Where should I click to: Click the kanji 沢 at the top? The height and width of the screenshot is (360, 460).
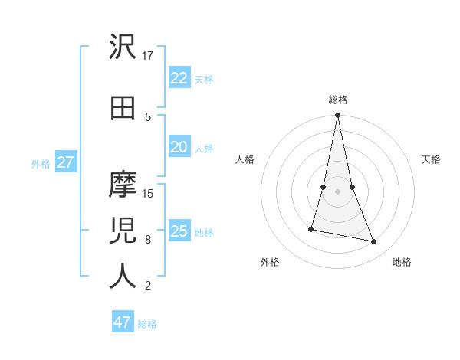[123, 47]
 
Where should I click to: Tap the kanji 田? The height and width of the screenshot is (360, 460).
[123, 108]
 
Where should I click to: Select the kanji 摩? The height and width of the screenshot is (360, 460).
[123, 185]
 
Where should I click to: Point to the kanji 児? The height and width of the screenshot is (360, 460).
[123, 231]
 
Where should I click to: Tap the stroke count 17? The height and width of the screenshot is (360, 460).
[148, 55]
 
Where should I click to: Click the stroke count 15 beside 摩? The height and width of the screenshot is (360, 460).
[148, 193]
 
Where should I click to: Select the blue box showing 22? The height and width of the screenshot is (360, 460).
[179, 77]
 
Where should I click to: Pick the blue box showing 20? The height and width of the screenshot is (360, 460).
[179, 147]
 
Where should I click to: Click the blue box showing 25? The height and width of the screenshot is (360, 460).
[179, 231]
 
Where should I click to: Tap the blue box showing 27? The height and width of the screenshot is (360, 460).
[65, 162]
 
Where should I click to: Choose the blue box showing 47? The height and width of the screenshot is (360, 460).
[123, 322]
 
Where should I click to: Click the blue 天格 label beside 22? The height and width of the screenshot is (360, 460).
[204, 79]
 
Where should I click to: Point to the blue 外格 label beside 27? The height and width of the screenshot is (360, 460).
[41, 163]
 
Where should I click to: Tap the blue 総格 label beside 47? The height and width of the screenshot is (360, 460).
[147, 324]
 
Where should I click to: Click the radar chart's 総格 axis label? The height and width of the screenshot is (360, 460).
[337, 100]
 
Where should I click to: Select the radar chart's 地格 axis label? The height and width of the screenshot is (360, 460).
[402, 262]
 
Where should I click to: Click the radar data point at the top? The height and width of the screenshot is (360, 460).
[337, 116]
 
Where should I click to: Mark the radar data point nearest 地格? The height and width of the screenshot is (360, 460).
[374, 242]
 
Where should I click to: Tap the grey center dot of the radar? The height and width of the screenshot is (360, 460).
[337, 191]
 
